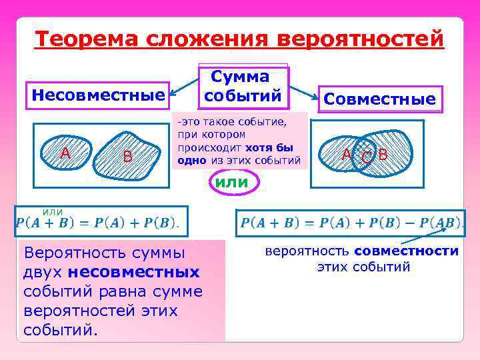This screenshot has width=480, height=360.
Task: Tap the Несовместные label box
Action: (x=98, y=96)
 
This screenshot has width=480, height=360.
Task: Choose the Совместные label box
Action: (x=379, y=99)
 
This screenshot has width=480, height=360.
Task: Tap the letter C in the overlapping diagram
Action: (x=366, y=158)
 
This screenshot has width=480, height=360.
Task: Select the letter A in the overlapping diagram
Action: (x=346, y=155)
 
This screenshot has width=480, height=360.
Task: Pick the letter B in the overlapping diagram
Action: (x=383, y=155)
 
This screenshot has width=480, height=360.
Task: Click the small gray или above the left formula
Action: (x=53, y=211)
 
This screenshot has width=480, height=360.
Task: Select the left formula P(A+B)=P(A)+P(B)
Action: (x=97, y=223)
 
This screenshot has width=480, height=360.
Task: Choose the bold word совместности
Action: (x=407, y=251)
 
